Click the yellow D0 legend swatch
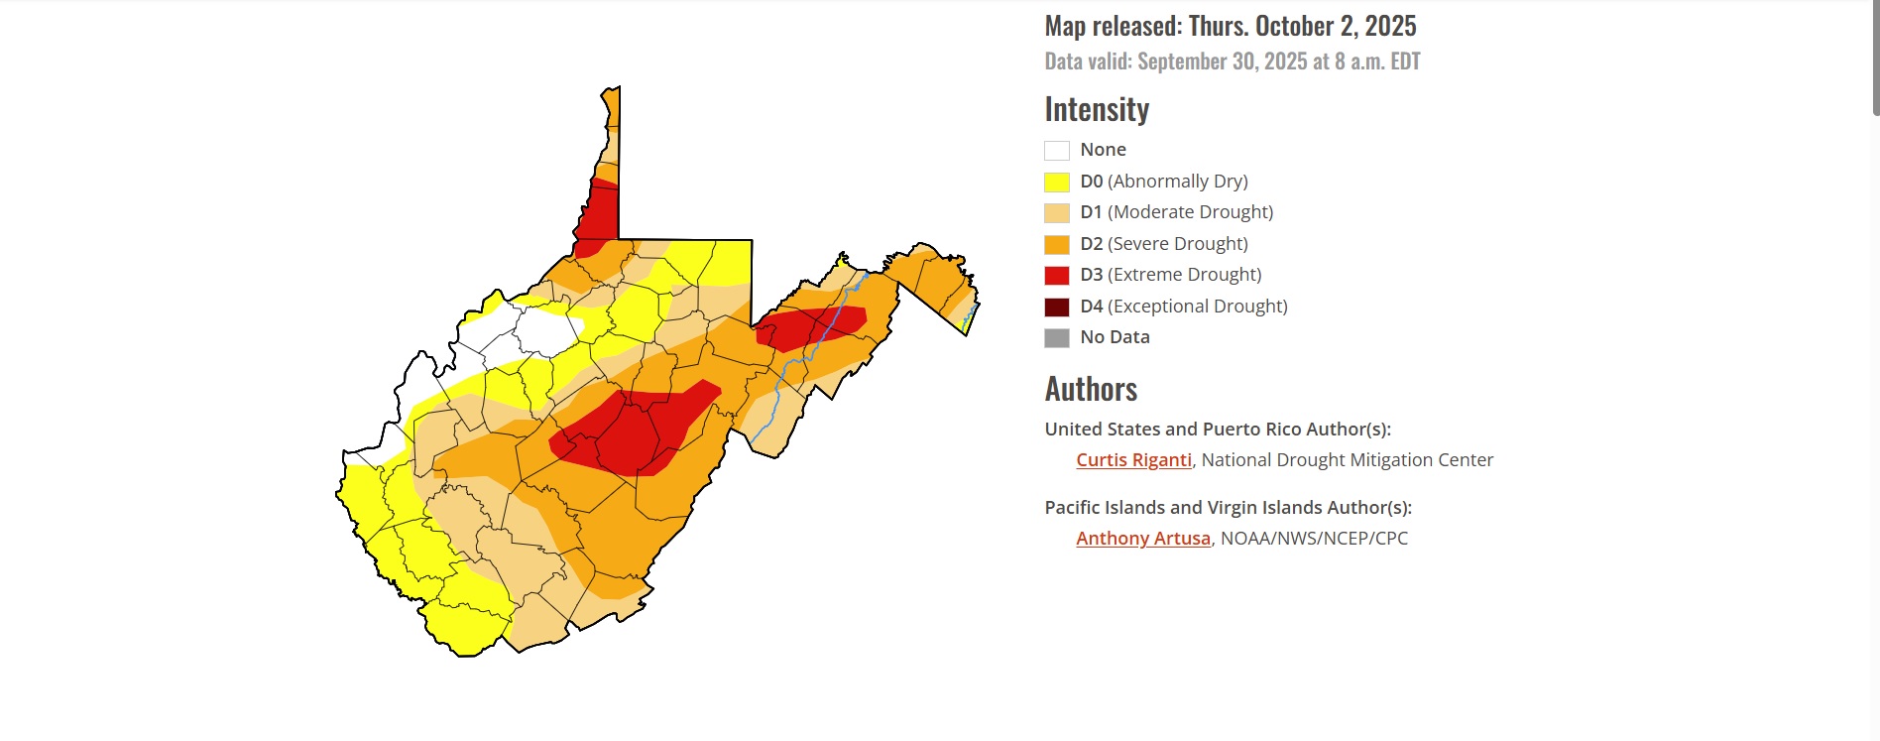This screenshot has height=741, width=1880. point(1056,182)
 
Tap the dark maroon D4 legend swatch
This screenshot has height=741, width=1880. point(1056,307)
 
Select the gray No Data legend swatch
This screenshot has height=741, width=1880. point(1056,337)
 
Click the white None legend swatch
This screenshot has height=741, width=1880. point(1056,151)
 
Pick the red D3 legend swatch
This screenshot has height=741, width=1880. point(1056,275)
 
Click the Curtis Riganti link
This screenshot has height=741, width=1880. point(1133,459)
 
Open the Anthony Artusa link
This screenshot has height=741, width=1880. point(1142,538)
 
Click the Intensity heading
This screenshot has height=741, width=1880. point(1096,109)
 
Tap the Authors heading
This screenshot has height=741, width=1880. point(1091,389)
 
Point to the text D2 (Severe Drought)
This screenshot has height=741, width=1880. point(1163,243)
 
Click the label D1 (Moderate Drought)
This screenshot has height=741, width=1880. point(1176,212)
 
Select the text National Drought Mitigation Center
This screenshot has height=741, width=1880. point(1347,459)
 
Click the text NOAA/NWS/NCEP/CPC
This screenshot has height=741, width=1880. point(1314,538)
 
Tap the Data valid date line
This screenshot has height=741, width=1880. point(1232,62)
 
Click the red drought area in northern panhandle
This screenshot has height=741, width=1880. point(599,213)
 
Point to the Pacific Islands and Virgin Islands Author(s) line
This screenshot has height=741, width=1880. point(1228,507)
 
